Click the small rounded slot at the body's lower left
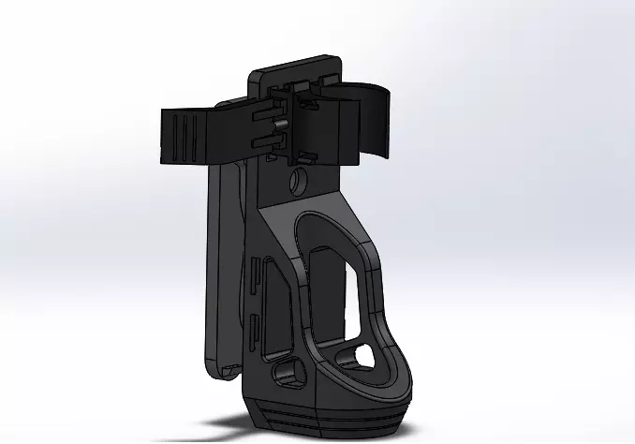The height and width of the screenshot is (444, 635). (287, 375)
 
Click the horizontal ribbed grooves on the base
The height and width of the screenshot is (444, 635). (328, 413)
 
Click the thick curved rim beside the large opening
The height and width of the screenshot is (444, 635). (379, 300)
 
